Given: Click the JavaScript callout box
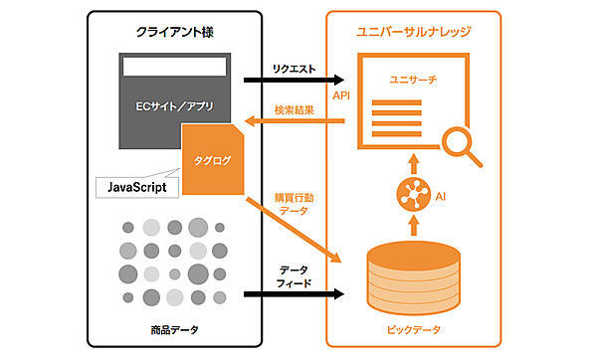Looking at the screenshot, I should tap(139, 186).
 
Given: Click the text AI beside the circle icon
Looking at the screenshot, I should tap(441, 197).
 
